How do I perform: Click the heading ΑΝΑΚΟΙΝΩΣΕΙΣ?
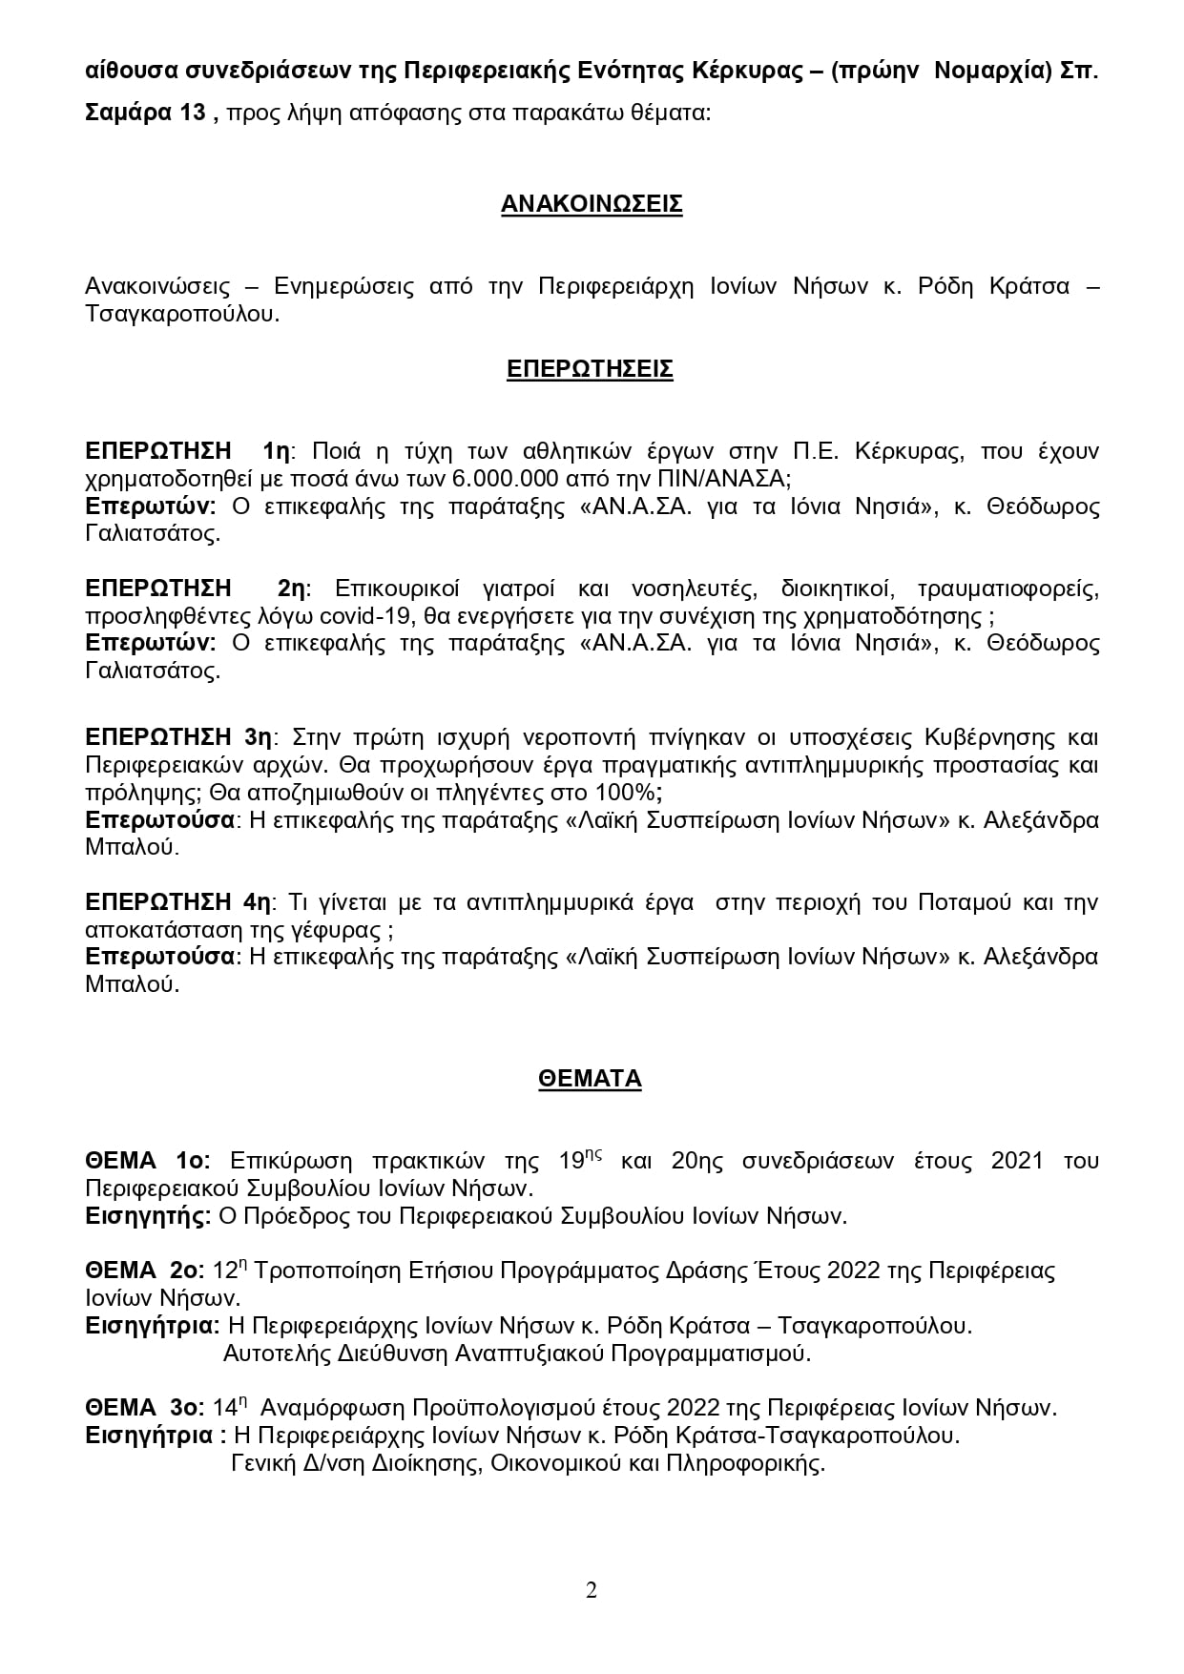tap(592, 204)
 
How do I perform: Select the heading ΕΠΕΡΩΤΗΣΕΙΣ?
tap(590, 369)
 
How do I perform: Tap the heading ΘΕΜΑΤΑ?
tap(590, 1079)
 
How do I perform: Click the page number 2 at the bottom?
tap(592, 1590)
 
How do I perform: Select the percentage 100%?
tap(628, 793)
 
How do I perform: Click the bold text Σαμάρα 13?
tap(145, 114)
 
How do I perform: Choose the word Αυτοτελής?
tap(275, 1353)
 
